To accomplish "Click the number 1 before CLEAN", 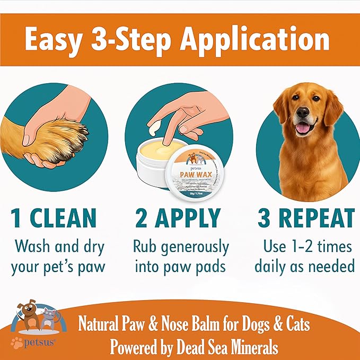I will (17, 218).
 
